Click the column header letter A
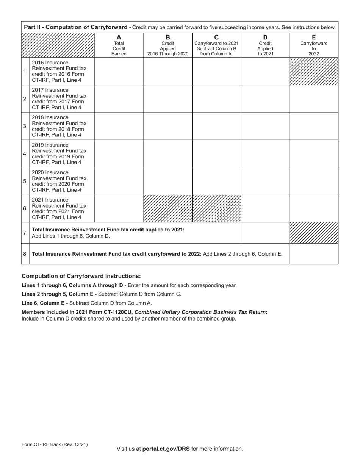click(119, 38)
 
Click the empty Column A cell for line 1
click(119, 71)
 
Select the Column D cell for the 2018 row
click(265, 126)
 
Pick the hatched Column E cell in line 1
click(314, 71)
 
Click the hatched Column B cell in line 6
click(168, 208)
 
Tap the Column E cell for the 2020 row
click(314, 181)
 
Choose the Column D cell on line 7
click(265, 233)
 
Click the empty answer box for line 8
click(314, 254)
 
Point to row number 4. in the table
click(25, 154)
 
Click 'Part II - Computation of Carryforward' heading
click(77, 27)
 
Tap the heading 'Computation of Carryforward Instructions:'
click(81, 276)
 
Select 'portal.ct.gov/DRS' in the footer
click(166, 449)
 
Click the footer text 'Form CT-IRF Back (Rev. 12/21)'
click(55, 444)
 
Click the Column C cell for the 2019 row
click(216, 154)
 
